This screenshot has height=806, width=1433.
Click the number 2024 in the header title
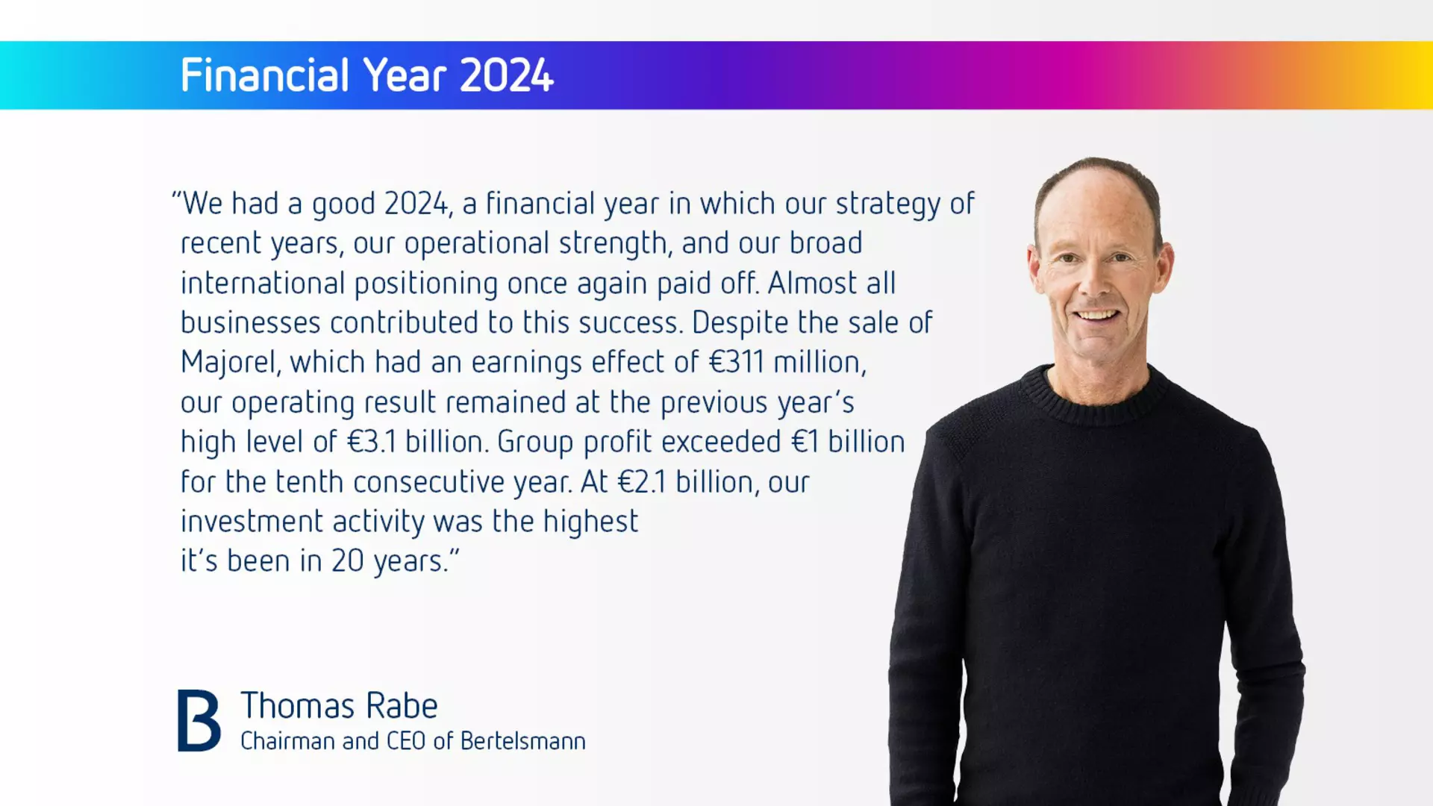tap(507, 75)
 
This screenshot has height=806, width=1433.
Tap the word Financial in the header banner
tap(265, 75)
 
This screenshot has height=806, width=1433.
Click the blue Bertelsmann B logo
tap(199, 720)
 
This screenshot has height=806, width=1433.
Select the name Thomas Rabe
tap(339, 706)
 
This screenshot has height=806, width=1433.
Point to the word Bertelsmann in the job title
tap(523, 741)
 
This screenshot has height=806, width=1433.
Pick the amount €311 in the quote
tap(737, 363)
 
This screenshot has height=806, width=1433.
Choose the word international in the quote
tap(263, 284)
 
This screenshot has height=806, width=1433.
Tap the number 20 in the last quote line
tap(347, 561)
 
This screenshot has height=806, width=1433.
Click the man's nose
tap(1096, 281)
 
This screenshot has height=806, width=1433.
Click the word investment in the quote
tap(252, 522)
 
